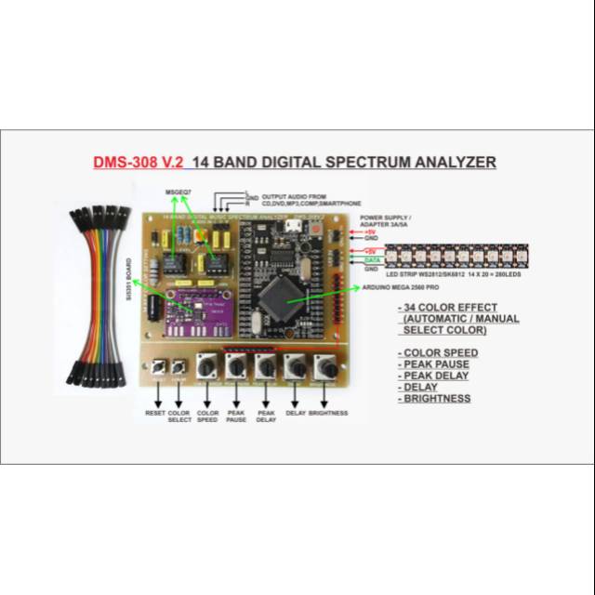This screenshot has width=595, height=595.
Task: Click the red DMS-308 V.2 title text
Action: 139,162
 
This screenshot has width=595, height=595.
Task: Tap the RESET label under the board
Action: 155,412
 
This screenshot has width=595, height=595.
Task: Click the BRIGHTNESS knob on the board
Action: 327,370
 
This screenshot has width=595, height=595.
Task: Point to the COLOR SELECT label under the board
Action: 180,416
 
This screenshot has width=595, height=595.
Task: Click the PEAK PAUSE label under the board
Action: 236,416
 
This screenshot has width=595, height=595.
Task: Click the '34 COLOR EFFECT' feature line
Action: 445,308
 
